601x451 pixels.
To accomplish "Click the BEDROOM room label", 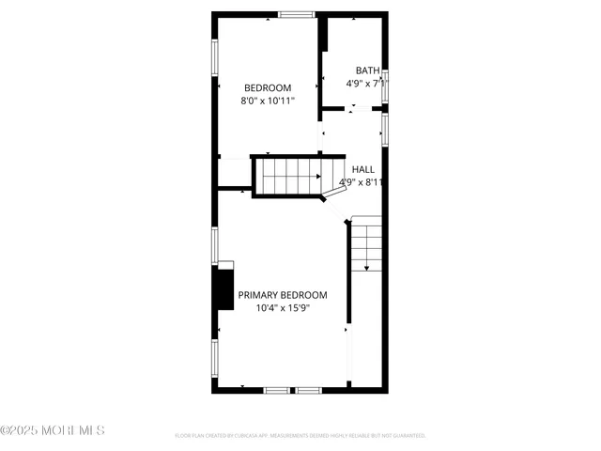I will (x=268, y=88).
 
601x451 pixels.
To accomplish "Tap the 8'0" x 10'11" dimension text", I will (x=268, y=101).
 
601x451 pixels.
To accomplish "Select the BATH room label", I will (x=367, y=70).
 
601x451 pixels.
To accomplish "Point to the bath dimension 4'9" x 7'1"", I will (x=366, y=84).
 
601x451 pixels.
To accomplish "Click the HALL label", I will (x=362, y=170).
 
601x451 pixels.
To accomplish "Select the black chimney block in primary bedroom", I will (x=224, y=289).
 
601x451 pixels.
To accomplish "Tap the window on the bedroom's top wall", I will (x=296, y=14).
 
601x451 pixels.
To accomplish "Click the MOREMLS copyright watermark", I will (x=53, y=430).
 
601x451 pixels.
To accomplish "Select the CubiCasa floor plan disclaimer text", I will (x=300, y=436).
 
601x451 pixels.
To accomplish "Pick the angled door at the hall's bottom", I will (x=334, y=192).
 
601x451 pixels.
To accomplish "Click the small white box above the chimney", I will (x=225, y=265).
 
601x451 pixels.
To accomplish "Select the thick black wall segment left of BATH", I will (x=322, y=38).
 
